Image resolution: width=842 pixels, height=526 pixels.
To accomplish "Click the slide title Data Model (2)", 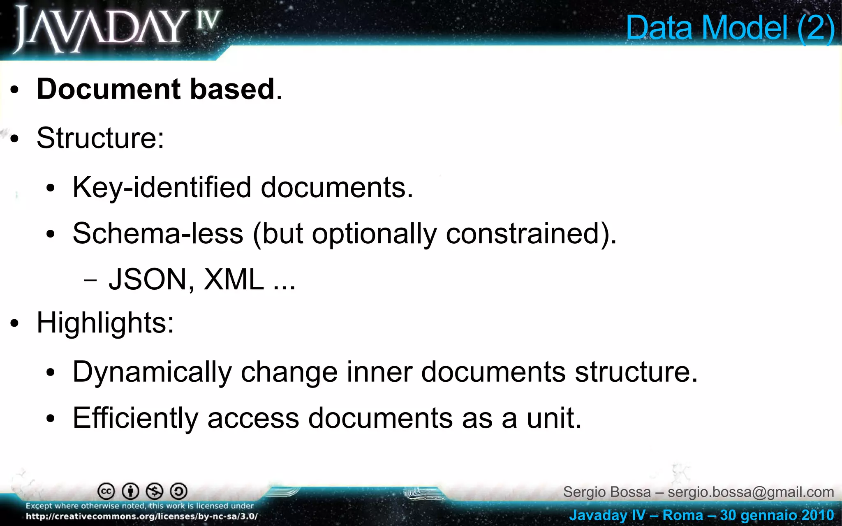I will (x=730, y=28).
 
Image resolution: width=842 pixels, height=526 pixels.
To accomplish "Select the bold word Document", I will (x=109, y=89).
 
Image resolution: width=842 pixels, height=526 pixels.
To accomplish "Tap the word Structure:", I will (x=100, y=138).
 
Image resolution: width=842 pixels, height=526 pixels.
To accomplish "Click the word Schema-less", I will (x=158, y=233).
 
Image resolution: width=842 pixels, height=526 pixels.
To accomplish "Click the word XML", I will (x=234, y=279).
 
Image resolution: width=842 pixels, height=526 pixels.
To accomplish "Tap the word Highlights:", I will (x=105, y=323).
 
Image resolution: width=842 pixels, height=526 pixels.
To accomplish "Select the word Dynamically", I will (x=152, y=372).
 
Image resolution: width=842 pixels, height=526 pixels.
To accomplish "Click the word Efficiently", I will (x=136, y=418).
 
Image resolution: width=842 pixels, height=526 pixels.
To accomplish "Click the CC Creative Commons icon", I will (x=106, y=491).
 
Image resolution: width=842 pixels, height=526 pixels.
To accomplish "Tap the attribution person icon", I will (x=131, y=491).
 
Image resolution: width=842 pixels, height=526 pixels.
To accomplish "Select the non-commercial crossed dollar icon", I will (x=155, y=491).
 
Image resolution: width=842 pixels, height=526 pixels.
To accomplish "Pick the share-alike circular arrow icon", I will (x=179, y=491).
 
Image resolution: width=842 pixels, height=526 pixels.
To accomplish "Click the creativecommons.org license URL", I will (x=142, y=517).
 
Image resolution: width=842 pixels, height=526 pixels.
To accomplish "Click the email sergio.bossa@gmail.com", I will (x=751, y=492).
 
